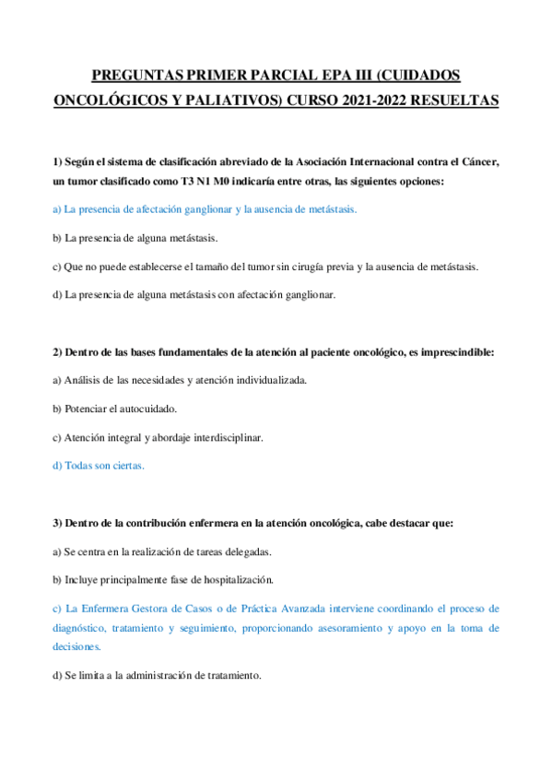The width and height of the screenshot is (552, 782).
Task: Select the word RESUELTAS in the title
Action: coord(453,99)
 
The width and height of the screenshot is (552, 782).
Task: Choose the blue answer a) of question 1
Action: coord(205,210)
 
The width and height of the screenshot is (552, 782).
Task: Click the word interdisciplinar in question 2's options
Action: coord(227,437)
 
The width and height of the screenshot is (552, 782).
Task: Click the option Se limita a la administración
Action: coord(157,675)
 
